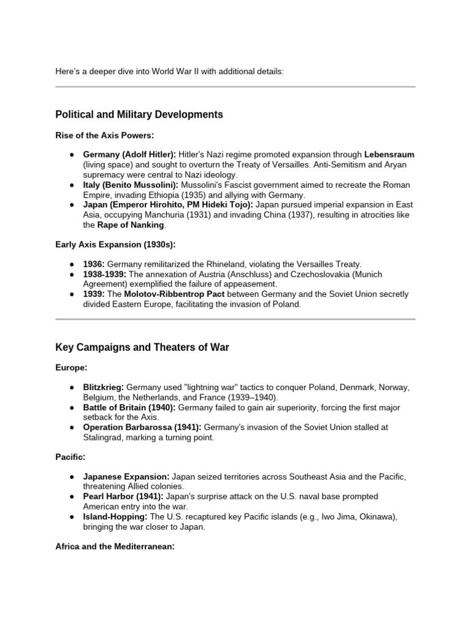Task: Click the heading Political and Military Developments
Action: point(139,115)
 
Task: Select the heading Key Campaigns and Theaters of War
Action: point(142,348)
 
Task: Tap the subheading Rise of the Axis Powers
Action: point(104,135)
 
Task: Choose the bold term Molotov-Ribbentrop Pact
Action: point(166,294)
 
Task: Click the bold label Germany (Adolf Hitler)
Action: point(129,155)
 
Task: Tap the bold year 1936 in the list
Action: point(94,264)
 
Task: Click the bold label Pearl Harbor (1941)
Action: point(123,496)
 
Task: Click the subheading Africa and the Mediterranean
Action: point(115,546)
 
